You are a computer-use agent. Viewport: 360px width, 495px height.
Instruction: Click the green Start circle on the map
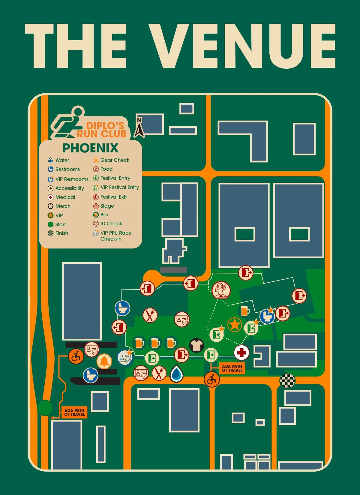pos(45,408)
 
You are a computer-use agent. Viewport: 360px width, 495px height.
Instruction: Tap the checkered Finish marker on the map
pos(287,381)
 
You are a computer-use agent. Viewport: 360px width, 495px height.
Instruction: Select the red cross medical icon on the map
pos(241,352)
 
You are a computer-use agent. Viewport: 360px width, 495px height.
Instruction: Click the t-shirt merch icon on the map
pos(196,345)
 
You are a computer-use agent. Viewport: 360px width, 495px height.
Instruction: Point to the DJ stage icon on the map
pos(221,290)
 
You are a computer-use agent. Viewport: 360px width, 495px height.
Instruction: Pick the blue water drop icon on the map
pos(177,373)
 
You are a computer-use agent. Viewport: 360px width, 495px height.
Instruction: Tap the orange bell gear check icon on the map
pos(104,361)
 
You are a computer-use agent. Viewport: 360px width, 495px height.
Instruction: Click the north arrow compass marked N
pos(139,127)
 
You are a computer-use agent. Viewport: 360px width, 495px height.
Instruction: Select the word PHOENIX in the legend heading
pos(90,148)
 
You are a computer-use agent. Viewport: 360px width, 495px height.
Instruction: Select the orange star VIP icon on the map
pos(235,325)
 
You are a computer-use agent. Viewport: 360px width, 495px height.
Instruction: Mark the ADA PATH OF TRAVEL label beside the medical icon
pos(232,368)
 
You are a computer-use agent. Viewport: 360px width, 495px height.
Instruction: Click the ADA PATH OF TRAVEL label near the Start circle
pos(74,412)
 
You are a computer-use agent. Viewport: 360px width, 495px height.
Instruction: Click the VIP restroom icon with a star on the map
pos(267,316)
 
